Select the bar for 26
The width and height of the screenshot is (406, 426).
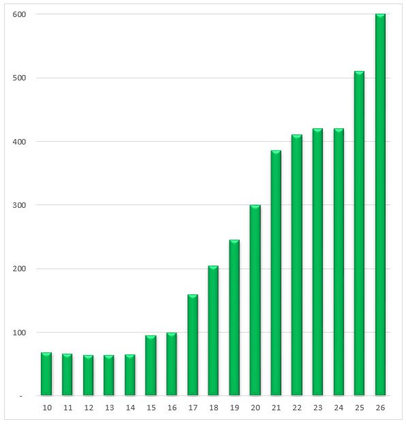380,204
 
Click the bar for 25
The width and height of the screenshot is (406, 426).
359,233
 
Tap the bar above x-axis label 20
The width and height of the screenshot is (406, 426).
255,300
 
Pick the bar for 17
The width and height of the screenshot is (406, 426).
193,345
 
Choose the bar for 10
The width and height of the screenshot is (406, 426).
46,374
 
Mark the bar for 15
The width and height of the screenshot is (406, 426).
151,365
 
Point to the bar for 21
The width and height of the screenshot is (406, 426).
276,273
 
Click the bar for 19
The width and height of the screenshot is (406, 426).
234,318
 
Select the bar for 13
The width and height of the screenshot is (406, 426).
109,375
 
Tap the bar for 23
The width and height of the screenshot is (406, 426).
317,262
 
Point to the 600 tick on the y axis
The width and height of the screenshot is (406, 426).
19,14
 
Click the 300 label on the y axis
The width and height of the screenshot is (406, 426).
19,205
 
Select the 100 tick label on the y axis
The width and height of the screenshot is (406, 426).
19,333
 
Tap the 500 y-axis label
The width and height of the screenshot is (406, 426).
19,78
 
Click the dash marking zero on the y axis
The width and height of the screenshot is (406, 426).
21,397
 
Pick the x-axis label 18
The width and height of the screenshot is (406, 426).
214,408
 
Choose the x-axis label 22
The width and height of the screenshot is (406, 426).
297,408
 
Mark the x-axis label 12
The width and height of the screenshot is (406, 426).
89,408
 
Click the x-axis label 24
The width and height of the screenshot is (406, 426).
339,408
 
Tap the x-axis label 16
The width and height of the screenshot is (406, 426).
172,408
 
